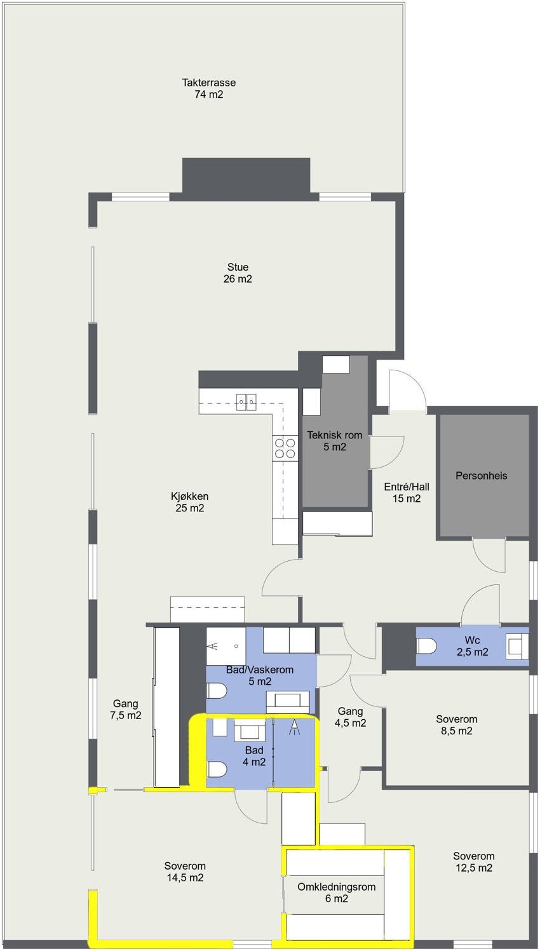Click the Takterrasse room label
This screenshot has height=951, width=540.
[208, 88]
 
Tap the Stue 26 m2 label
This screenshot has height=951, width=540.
[238, 273]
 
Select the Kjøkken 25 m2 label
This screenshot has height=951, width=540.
[189, 502]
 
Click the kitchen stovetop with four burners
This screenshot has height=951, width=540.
[285, 448]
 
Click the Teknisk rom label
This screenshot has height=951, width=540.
[335, 441]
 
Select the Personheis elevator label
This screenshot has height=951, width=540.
[482, 475]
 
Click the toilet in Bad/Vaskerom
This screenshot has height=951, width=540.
[217, 691]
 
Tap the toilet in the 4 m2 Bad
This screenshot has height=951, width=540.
[217, 769]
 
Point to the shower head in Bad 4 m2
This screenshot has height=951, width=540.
[294, 727]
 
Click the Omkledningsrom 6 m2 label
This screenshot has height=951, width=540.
[337, 893]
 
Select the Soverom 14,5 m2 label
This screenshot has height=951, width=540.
[185, 872]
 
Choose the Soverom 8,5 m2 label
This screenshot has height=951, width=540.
[456, 725]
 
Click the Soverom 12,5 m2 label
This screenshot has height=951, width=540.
[473, 861]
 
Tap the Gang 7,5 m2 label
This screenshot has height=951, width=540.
[126, 709]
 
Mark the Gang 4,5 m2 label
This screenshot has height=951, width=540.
[350, 717]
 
